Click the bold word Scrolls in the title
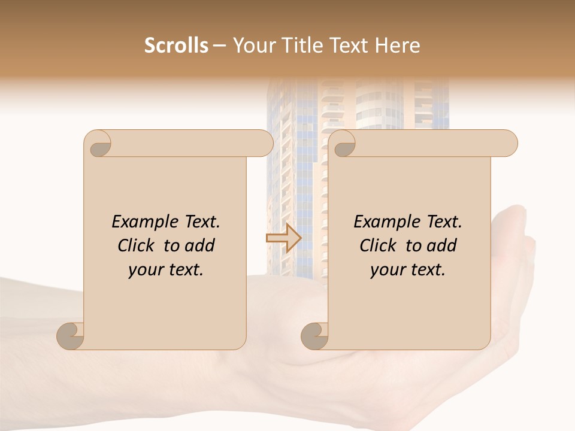177,45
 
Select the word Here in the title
397,45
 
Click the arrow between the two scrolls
283,238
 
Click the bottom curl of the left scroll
71,336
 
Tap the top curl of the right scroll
344,144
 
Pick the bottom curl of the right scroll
315,336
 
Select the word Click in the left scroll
137,245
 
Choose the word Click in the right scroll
379,245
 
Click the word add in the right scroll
442,245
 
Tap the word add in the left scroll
200,245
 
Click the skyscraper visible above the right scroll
383,105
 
